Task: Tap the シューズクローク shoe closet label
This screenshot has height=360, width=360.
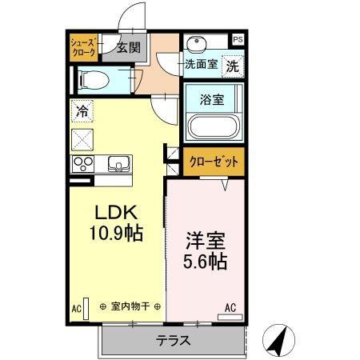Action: click(x=83, y=47)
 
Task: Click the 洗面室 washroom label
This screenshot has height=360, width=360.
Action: click(x=201, y=64)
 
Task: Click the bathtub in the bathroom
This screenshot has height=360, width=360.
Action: click(x=213, y=126)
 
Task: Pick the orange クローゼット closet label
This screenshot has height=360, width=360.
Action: click(x=214, y=162)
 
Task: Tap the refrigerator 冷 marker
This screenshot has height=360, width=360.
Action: click(x=82, y=111)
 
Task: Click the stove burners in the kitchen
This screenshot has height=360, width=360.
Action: click(x=82, y=164)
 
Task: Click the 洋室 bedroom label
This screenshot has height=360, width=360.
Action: click(x=205, y=240)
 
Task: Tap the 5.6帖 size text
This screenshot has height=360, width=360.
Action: click(x=205, y=261)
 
